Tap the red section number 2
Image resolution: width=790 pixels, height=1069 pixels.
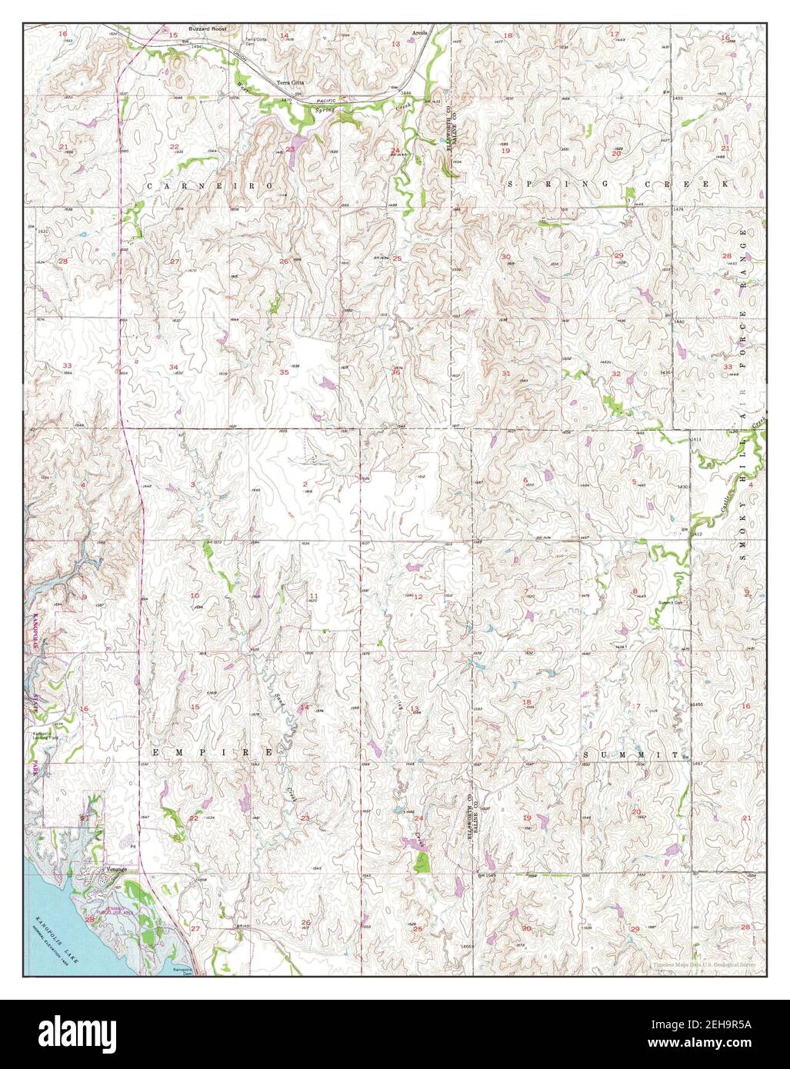(305, 484)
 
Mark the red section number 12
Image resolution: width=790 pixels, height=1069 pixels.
(418, 597)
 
